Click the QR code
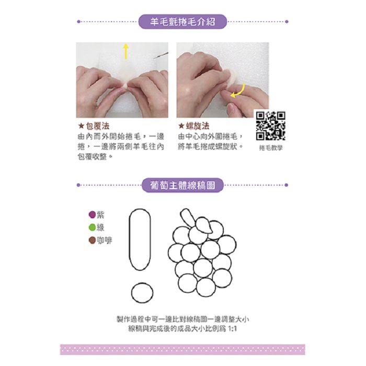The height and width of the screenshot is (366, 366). coord(270,125)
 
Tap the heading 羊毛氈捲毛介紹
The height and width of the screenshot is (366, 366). coord(182,22)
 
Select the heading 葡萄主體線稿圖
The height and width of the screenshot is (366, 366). coord(182,185)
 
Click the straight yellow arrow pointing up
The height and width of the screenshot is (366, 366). coord(126,51)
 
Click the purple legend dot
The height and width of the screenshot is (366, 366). coord(93,214)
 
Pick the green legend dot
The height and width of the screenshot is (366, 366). coord(93,227)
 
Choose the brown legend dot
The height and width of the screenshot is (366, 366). coord(93,240)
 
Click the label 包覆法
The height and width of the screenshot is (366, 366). coord(98,126)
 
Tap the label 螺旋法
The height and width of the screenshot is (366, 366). coord(198,126)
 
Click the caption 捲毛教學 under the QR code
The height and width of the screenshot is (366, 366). coord(271,148)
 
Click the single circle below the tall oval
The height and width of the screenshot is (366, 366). coord(142,293)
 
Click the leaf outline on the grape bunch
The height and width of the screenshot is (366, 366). coord(204,225)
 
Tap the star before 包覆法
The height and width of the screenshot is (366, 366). coord(81,127)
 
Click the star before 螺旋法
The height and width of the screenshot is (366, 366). coord(181,127)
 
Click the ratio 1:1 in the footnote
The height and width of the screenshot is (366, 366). coord(232,329)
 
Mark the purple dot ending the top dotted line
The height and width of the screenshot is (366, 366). coord(287,22)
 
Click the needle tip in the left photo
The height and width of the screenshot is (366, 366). coord(154,58)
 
